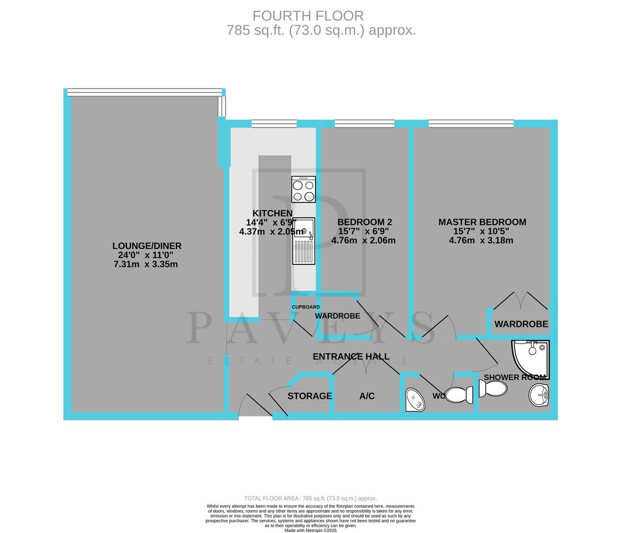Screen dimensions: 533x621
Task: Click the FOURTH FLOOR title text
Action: pos(308,16)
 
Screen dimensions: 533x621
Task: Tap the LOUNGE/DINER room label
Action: pos(147,246)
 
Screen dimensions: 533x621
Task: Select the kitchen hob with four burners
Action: pos(304,190)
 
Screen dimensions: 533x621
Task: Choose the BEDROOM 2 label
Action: pos(365,222)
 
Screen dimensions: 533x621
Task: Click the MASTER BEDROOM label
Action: pos(482,222)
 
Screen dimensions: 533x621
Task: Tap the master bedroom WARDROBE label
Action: pos(521,324)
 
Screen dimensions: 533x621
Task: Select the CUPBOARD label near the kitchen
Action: pos(306,307)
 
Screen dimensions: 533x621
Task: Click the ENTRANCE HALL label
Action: pos(351,356)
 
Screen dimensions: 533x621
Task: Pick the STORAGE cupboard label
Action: pos(310,396)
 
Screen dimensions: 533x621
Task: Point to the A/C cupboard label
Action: pos(367,396)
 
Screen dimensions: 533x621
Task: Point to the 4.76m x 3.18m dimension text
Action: pos(481,241)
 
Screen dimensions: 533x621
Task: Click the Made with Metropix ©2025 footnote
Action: pos(310,531)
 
